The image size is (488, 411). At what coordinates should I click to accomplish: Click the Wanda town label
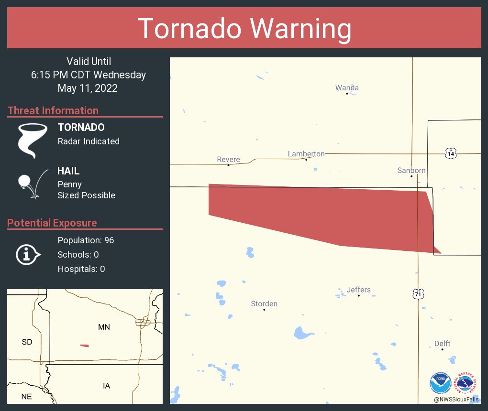[347, 88]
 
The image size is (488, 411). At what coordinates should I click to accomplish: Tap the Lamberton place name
[306, 154]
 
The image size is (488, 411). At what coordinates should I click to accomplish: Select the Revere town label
[228, 160]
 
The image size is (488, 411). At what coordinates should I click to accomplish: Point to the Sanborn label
[411, 171]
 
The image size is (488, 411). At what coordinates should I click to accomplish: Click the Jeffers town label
[359, 290]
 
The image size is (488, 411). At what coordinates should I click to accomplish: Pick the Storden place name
[264, 304]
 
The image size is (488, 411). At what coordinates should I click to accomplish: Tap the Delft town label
[443, 344]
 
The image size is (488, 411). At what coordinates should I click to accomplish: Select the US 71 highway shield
[418, 294]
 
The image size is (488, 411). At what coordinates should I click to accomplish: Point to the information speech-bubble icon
[28, 254]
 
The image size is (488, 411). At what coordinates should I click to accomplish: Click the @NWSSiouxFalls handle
[456, 399]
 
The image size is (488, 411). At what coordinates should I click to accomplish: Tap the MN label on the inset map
[104, 327]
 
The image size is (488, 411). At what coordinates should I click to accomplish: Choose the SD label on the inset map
[27, 342]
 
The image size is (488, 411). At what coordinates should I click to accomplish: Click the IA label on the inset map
[106, 386]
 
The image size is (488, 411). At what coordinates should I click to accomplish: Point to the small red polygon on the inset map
[85, 346]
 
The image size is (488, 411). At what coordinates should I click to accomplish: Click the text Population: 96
[86, 240]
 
